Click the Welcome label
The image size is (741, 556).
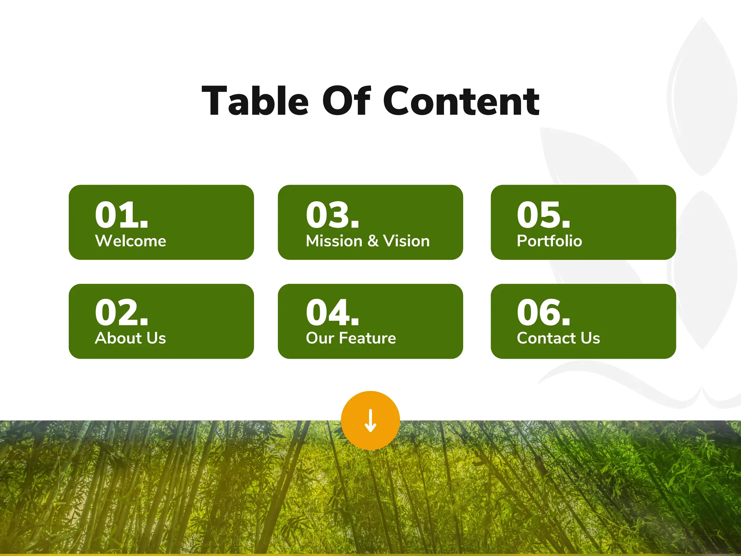click(x=131, y=241)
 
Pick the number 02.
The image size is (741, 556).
click(x=122, y=312)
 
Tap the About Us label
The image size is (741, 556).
click(x=130, y=338)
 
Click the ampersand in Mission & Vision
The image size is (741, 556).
click(x=373, y=241)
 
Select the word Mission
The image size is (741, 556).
click(x=334, y=241)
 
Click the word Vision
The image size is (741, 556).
click(x=406, y=241)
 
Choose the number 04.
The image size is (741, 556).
click(x=333, y=312)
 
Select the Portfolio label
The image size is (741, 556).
click(x=549, y=241)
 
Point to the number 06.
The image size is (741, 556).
click(x=543, y=312)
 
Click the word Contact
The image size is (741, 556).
click(x=546, y=338)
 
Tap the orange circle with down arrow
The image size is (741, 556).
click(x=370, y=421)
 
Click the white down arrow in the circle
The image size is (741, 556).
click(x=370, y=421)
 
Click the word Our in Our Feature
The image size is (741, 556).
click(x=320, y=338)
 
